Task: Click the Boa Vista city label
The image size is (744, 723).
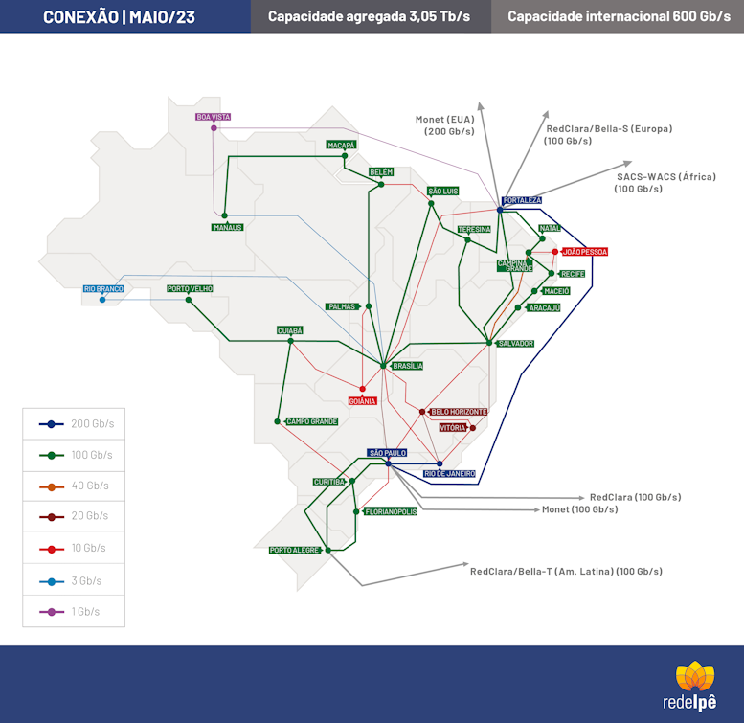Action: pos(214,117)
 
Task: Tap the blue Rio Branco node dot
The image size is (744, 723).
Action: pos(102,300)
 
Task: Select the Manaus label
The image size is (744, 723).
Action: pos(228,227)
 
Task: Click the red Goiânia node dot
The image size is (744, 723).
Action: pos(363,389)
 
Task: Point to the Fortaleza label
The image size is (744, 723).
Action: pos(522,200)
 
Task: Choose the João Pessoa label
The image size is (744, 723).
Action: pos(584,252)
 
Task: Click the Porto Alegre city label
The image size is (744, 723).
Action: pos(294,550)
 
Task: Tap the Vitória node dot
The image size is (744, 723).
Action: pos(473,428)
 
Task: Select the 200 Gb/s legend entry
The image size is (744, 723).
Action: pos(77,423)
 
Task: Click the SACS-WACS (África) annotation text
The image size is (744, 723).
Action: pos(665,183)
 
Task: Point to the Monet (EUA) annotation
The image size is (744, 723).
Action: pos(444,125)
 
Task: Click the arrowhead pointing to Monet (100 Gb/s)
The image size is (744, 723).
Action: pos(536,509)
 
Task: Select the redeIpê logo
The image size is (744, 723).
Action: pos(690,686)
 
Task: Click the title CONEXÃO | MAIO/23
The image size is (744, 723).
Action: pos(119,17)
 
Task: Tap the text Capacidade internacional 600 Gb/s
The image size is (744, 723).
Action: pos(620,16)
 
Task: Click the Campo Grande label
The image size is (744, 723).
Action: pos(312,421)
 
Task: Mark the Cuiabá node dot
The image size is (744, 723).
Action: pos(291,341)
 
